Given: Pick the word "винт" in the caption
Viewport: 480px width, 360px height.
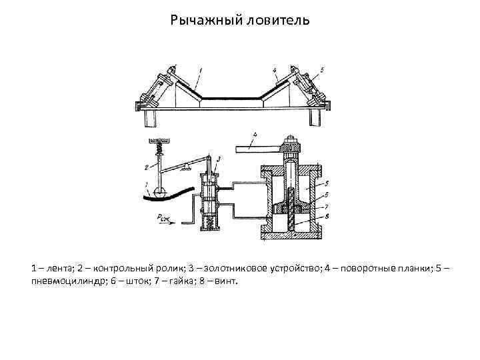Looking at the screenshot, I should click(x=224, y=281).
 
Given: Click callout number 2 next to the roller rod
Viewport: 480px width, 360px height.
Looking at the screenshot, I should click(x=146, y=168).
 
